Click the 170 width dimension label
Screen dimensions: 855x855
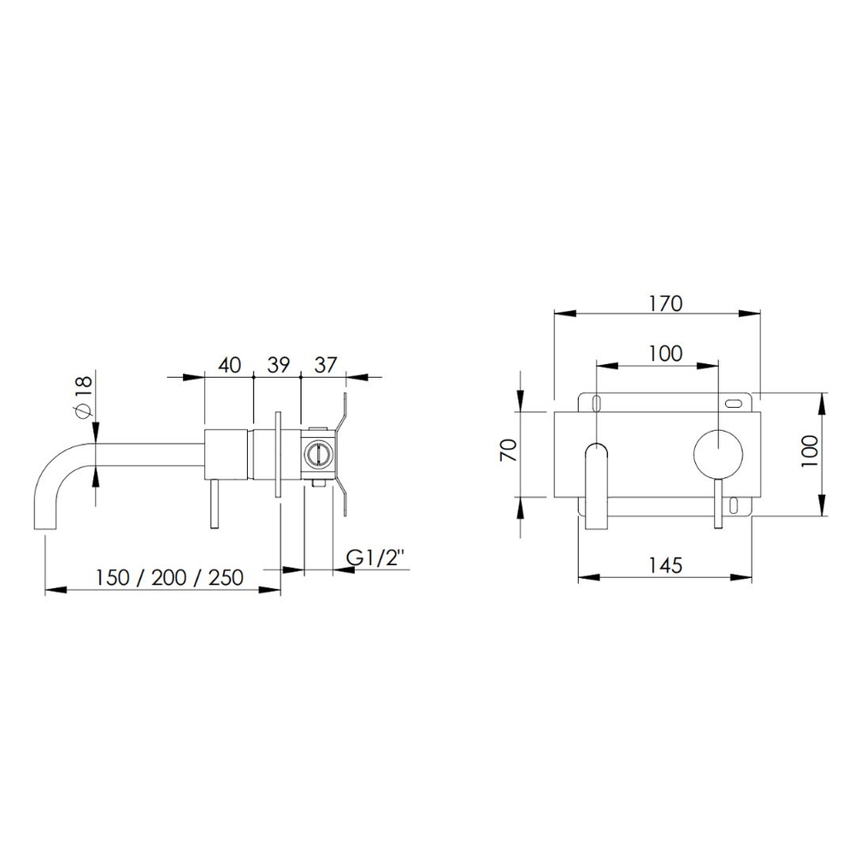[666, 304]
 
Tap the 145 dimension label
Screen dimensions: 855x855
[665, 565]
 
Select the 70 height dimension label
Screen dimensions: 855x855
[509, 450]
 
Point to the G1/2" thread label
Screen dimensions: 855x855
[376, 557]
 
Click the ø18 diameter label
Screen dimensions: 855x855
[84, 395]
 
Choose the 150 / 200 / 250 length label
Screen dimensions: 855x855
[169, 577]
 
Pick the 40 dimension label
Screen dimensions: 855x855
[229, 365]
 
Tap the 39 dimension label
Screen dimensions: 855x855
[278, 365]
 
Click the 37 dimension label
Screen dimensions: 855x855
[326, 365]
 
